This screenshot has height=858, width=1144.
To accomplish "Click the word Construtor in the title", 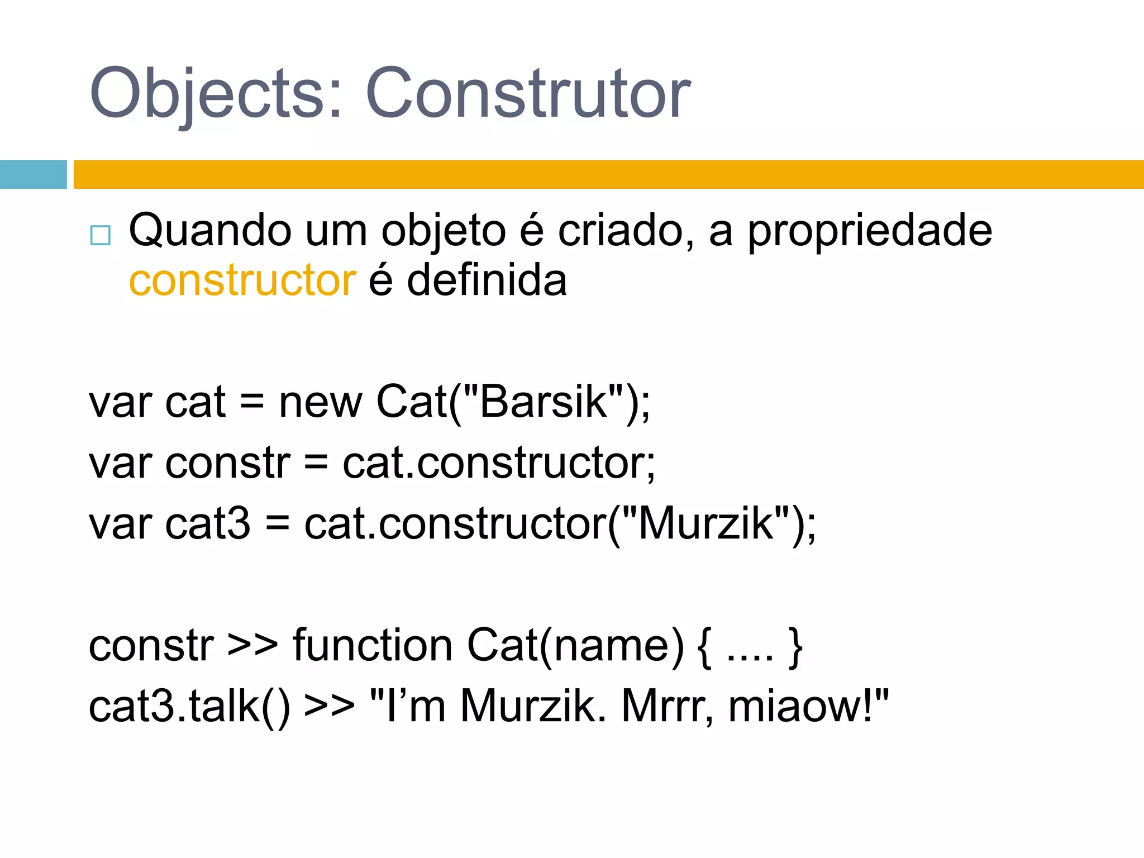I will [x=528, y=94].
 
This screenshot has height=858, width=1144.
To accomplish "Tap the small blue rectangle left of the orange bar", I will [x=33, y=174].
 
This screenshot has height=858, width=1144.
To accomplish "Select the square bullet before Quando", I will [x=101, y=235].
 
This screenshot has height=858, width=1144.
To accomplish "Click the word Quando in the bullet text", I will [x=210, y=231].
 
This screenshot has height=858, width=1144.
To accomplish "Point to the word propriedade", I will [x=870, y=231].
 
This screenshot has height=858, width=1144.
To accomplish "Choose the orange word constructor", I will [x=242, y=280].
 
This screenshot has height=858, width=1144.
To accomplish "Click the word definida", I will [x=487, y=280].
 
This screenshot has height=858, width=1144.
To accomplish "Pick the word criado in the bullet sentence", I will [x=626, y=231].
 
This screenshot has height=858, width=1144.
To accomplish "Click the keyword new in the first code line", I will [x=321, y=403].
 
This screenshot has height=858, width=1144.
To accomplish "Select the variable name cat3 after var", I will [x=208, y=524].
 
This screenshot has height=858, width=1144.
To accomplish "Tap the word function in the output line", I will [x=372, y=646].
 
